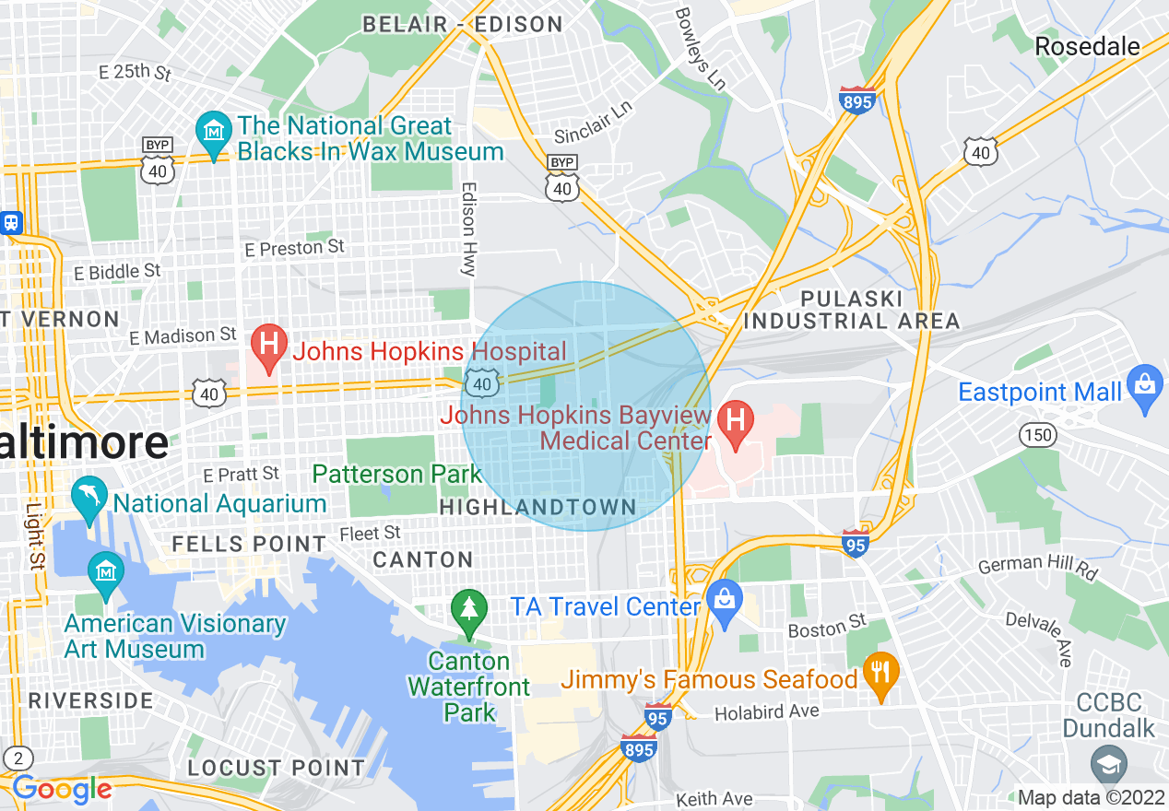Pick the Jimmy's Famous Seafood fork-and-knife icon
(881, 677)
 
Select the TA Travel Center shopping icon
(724, 604)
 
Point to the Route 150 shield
(1039, 435)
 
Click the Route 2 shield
(18, 758)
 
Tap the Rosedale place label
(1087, 46)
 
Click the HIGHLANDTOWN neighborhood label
(537, 508)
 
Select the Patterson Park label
(397, 475)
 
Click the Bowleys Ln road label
(701, 49)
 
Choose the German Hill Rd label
(1038, 567)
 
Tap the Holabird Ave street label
(767, 711)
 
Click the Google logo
(62, 789)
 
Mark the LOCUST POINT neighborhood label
(277, 768)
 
